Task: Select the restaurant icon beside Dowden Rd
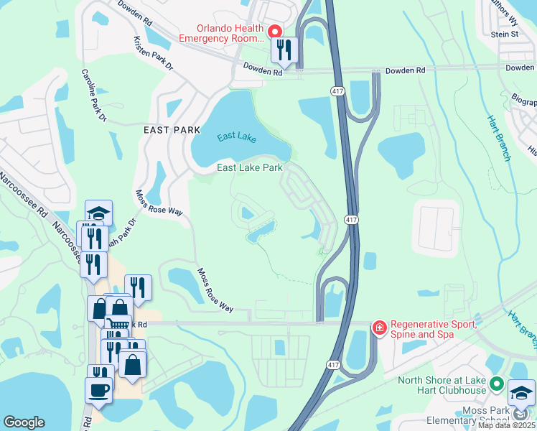coord(284,50)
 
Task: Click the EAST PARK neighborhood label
coord(171,130)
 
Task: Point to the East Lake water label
coord(235,136)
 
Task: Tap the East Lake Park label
coord(249,168)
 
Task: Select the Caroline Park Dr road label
coord(93,95)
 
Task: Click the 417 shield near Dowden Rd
coord(338,91)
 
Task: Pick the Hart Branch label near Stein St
coord(499,136)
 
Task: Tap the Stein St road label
coord(505,34)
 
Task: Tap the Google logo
coord(24,422)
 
